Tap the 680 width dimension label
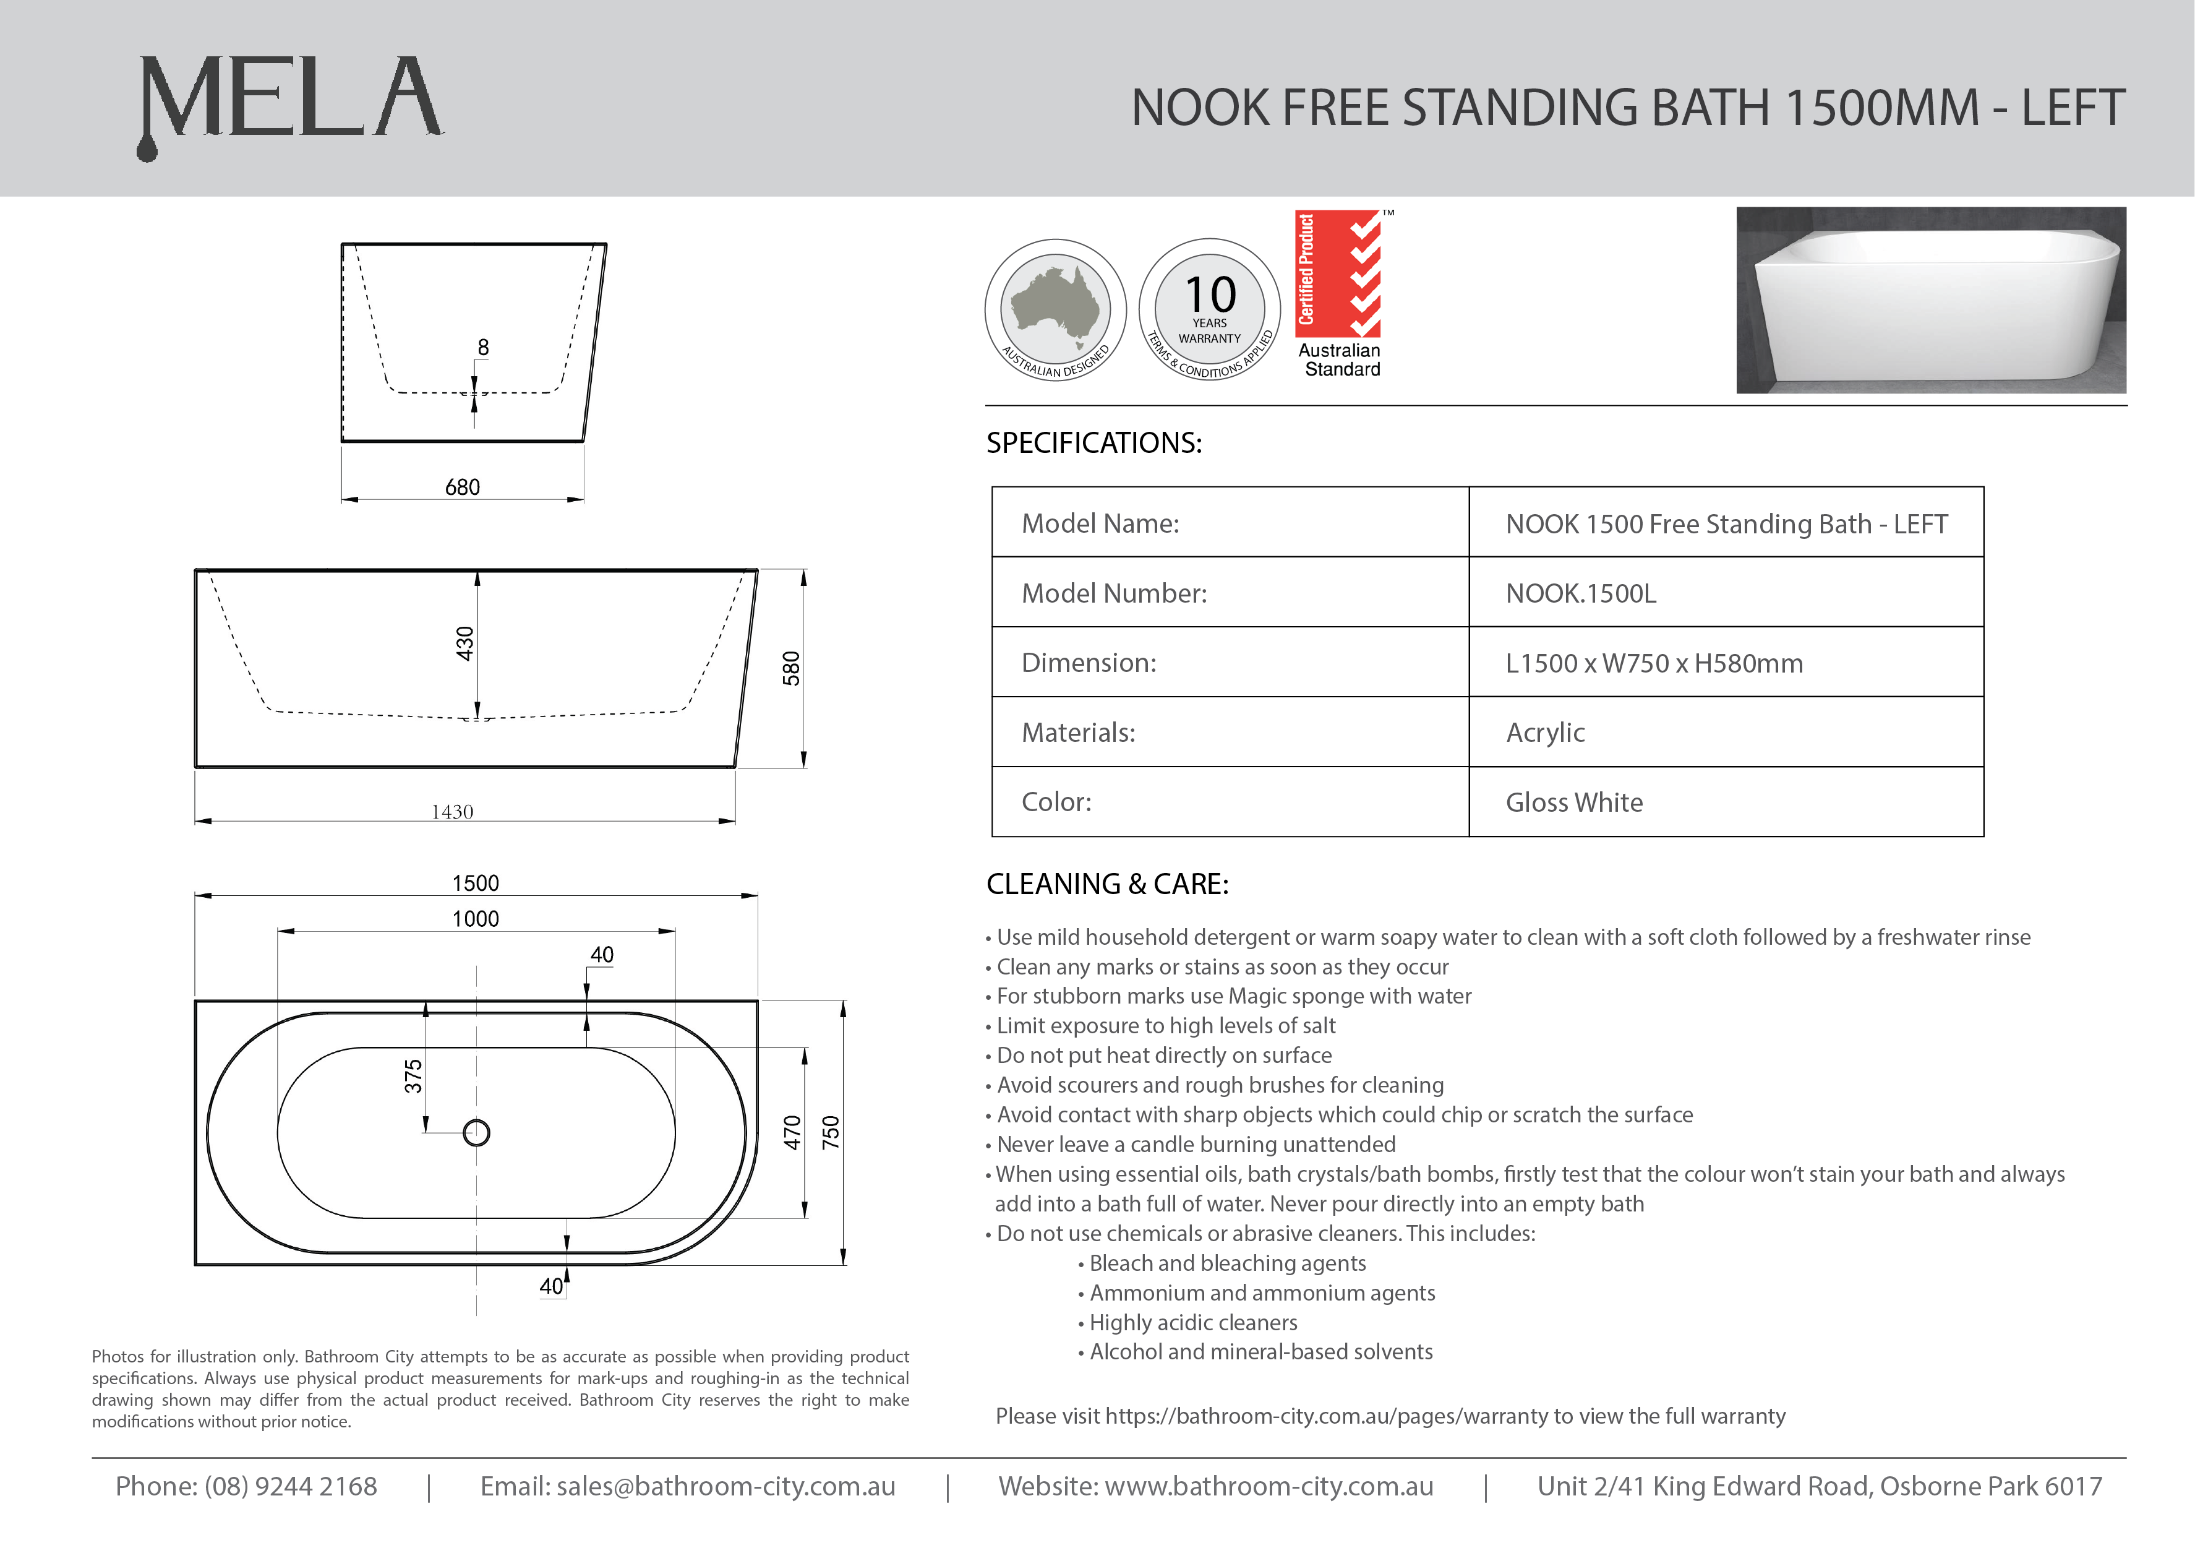coord(463,488)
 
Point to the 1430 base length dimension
coord(452,812)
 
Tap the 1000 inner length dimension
coord(475,919)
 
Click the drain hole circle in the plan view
coord(476,1133)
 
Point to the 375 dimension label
coord(413,1077)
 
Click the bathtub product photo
coord(1930,300)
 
